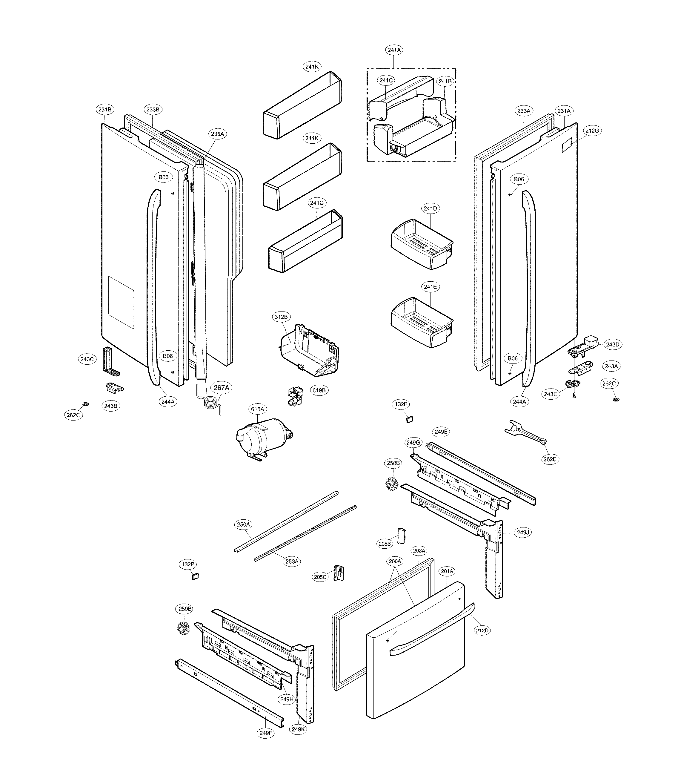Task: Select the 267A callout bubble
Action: pyautogui.click(x=221, y=388)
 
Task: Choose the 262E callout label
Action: pyautogui.click(x=550, y=459)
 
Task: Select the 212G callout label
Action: pyautogui.click(x=592, y=131)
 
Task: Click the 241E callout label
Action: pyautogui.click(x=430, y=287)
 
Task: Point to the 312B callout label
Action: pyautogui.click(x=281, y=317)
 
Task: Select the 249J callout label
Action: pyautogui.click(x=523, y=532)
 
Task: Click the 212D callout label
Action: pyautogui.click(x=482, y=630)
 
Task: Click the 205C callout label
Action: pyautogui.click(x=320, y=577)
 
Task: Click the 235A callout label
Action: pyautogui.click(x=217, y=134)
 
